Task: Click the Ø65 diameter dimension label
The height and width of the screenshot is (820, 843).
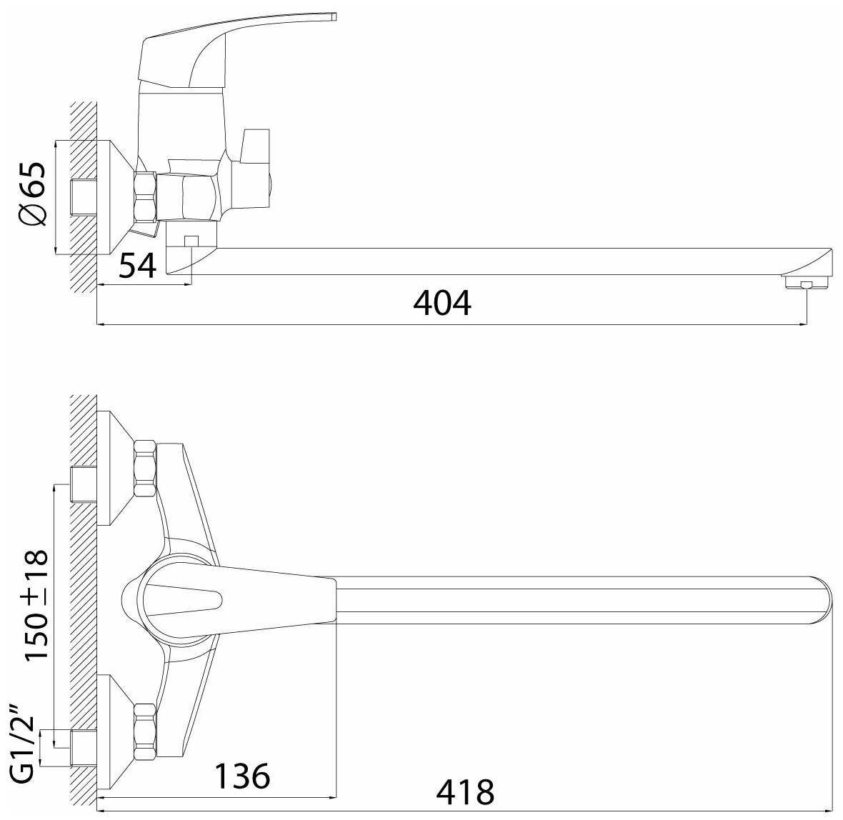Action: click(x=33, y=193)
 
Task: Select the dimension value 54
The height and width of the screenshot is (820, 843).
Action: click(x=138, y=265)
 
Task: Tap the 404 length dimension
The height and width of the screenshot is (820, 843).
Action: click(x=442, y=303)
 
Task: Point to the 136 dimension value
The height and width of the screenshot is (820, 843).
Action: click(x=242, y=776)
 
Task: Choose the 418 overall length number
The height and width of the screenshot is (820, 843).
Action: click(x=465, y=792)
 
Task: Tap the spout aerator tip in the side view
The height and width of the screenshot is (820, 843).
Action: click(x=804, y=284)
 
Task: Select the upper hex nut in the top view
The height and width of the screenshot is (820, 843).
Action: click(x=145, y=469)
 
